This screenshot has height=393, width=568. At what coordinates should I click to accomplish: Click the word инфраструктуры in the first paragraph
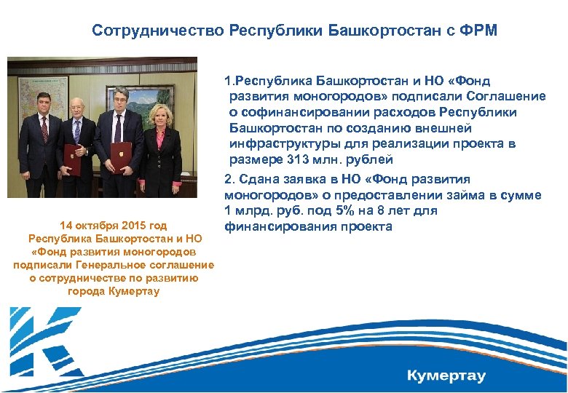coord(276,143)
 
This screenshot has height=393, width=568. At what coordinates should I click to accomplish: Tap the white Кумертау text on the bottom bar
coord(446,376)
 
